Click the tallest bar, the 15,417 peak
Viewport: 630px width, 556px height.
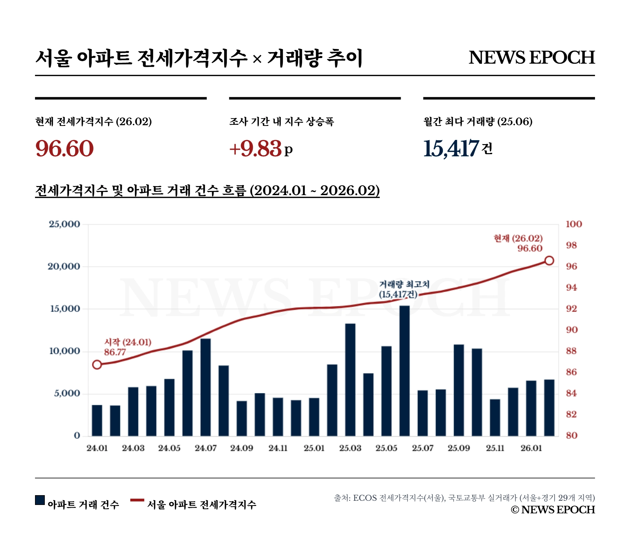(404, 371)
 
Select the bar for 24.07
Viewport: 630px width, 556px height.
(205, 387)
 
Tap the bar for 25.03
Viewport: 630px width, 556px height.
(350, 380)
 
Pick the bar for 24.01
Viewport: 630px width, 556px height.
(97, 420)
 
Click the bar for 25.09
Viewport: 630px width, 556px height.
(458, 390)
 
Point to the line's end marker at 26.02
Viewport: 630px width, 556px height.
(549, 261)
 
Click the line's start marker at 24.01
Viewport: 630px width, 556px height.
(97, 365)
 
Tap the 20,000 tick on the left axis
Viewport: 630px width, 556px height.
(64, 266)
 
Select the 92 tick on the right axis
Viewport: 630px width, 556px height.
(572, 309)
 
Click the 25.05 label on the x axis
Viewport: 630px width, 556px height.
(386, 448)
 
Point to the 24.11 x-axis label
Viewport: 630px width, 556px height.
(278, 448)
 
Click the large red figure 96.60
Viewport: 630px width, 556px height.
(65, 148)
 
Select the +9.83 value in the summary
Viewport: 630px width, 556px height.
(255, 148)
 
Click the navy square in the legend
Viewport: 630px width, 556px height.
(40, 500)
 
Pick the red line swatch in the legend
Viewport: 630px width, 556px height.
(137, 500)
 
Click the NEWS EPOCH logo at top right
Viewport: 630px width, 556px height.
(531, 58)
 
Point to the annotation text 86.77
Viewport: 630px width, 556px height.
(115, 352)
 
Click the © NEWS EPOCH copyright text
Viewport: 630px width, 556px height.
(553, 510)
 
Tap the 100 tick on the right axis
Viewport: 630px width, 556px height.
(574, 224)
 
